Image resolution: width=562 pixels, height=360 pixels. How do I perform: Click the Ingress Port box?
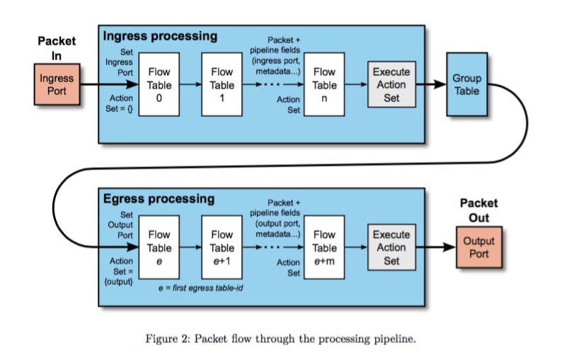point(57,85)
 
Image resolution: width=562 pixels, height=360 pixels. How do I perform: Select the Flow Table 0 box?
point(159,85)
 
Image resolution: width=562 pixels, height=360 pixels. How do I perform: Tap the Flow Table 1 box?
point(222,85)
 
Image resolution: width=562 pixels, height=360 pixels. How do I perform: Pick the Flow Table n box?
point(324,85)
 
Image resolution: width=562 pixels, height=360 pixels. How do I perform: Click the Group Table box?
point(466,85)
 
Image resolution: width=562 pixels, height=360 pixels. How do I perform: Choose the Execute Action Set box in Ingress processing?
point(391,85)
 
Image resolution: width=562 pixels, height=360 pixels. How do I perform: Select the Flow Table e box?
point(159,248)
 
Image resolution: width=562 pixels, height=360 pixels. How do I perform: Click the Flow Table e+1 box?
point(222,248)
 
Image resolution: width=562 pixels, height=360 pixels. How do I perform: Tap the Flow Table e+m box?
point(324,248)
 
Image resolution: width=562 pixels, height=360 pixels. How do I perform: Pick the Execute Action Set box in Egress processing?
point(391,248)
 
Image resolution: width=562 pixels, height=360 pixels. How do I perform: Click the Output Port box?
point(478,248)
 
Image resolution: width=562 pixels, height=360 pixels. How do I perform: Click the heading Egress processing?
point(159,199)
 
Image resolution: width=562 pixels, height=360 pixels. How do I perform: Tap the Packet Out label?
point(478,211)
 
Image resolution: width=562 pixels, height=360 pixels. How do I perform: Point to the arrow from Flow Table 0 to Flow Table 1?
point(190,85)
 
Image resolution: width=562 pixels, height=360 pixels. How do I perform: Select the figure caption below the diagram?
point(280,339)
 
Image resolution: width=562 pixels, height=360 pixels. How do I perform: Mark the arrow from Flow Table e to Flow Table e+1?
point(190,248)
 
